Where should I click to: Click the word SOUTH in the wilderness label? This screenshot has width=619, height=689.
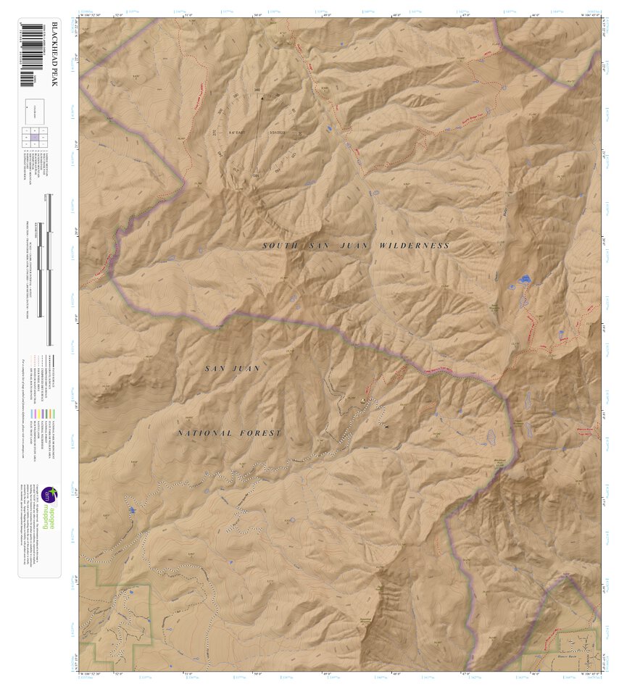pos(280,246)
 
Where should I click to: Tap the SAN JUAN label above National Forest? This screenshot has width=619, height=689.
pos(232,369)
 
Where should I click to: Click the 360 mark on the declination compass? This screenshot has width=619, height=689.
pos(257,91)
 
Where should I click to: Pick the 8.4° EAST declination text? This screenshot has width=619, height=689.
pos(237,133)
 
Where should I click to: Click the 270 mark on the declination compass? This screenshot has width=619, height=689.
pos(215,133)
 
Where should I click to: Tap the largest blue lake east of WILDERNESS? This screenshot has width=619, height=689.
pos(523,279)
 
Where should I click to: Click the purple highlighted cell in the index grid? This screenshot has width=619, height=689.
pos(33,137)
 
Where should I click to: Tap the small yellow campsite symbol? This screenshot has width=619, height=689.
pos(363,399)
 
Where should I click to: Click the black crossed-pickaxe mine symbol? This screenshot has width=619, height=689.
pos(387,427)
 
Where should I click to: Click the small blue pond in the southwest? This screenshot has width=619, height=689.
pos(133,511)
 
